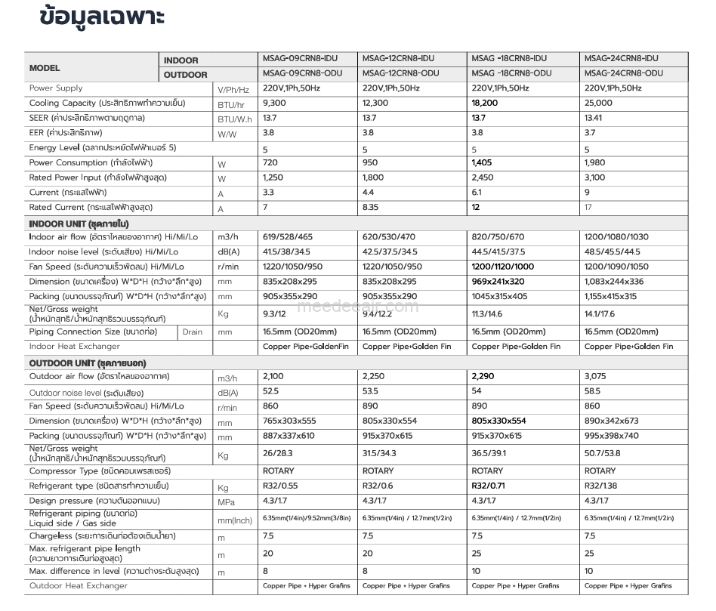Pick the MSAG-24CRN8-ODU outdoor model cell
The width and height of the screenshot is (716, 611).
pyautogui.click(x=624, y=73)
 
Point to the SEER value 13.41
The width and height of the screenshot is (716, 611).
pyautogui.click(x=594, y=118)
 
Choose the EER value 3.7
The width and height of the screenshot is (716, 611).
pyautogui.click(x=590, y=133)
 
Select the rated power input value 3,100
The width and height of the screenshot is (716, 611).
pyautogui.click(x=595, y=177)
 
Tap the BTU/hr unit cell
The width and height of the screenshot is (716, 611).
pyautogui.click(x=231, y=103)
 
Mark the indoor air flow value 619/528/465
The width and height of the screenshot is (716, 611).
pyautogui.click(x=288, y=237)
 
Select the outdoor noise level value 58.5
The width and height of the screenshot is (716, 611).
pyautogui.click(x=592, y=391)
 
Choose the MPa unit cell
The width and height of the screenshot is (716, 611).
pyautogui.click(x=226, y=501)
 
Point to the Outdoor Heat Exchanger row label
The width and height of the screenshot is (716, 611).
pyautogui.click(x=79, y=585)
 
